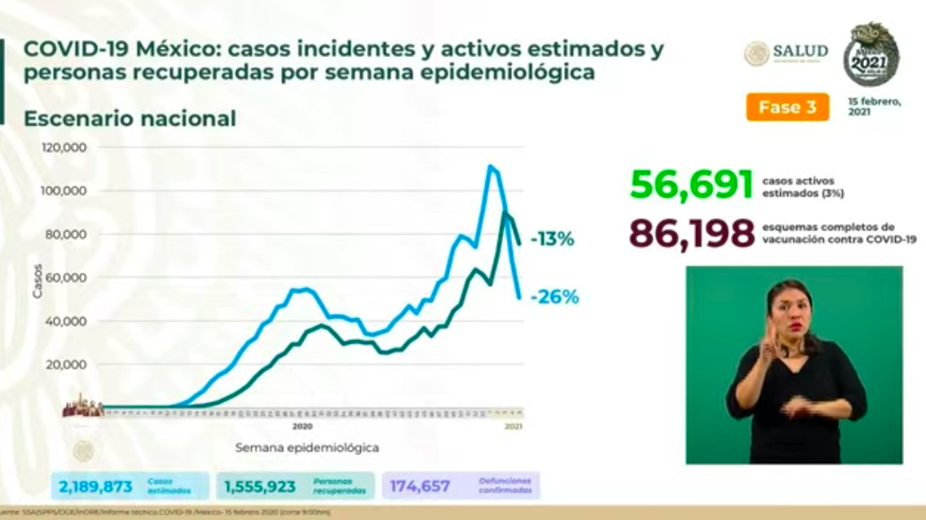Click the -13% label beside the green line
[x=553, y=240]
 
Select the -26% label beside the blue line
[x=554, y=297]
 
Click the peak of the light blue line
[x=490, y=166]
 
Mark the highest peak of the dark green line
[x=505, y=213]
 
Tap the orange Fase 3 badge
[x=787, y=108]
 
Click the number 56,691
[x=691, y=185]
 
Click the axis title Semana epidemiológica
[x=306, y=447]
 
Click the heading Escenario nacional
[x=130, y=119]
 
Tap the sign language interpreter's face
[x=789, y=312]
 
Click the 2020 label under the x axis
[x=302, y=426]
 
